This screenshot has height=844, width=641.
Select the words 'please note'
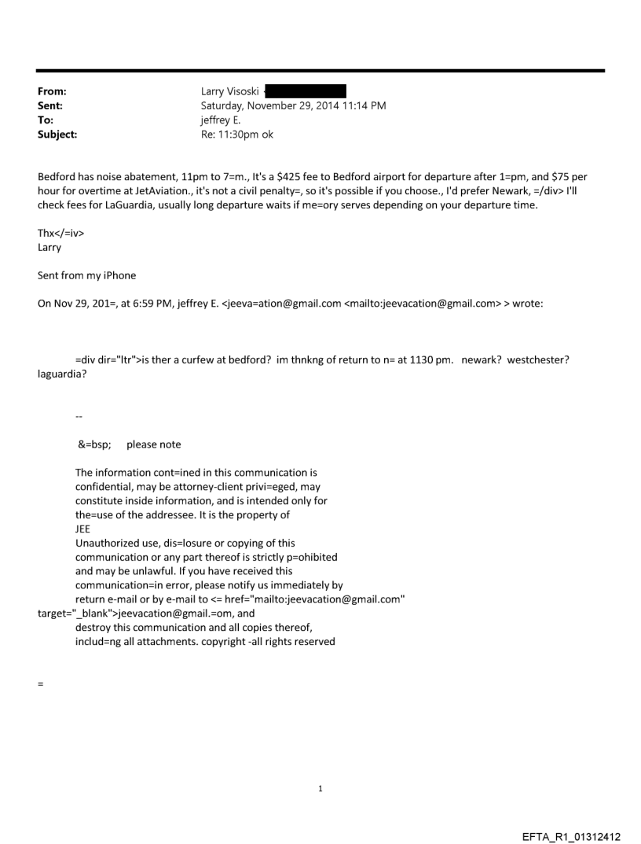(153, 444)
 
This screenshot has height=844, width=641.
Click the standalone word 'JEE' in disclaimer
(83, 529)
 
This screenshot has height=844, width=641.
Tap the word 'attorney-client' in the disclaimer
(188, 487)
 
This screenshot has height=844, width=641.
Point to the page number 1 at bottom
(320, 788)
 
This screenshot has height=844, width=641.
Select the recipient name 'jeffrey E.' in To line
(223, 120)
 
